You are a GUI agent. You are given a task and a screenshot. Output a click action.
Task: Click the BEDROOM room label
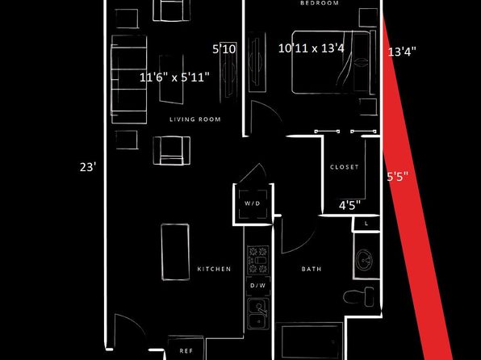(320, 3)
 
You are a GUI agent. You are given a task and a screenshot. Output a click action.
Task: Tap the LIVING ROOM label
(195, 119)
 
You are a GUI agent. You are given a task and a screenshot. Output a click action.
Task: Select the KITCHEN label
(214, 269)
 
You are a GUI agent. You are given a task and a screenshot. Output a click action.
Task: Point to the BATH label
(312, 269)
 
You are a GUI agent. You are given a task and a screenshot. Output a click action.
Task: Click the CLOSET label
(344, 167)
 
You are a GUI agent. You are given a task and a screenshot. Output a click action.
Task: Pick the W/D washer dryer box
(253, 204)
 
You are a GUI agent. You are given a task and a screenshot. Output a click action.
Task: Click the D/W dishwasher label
(258, 286)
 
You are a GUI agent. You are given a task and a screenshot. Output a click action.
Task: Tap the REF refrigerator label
(186, 351)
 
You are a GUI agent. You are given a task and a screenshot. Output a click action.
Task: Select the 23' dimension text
(88, 167)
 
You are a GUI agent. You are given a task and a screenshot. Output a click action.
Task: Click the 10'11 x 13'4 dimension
(311, 48)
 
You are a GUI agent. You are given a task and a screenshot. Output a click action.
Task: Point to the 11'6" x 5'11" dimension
(174, 77)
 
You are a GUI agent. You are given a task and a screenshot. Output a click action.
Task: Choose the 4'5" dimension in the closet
(349, 205)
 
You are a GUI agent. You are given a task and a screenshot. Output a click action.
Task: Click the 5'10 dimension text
(224, 48)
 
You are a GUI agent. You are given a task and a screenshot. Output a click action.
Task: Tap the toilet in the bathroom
(358, 297)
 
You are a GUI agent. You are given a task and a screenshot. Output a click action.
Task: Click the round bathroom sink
(364, 260)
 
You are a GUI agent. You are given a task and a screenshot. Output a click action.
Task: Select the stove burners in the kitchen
(258, 260)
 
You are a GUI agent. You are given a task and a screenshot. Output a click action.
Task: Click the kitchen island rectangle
(175, 252)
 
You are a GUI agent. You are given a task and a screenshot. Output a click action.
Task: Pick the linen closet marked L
(366, 224)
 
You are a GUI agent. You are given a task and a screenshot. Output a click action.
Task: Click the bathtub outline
(309, 341)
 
